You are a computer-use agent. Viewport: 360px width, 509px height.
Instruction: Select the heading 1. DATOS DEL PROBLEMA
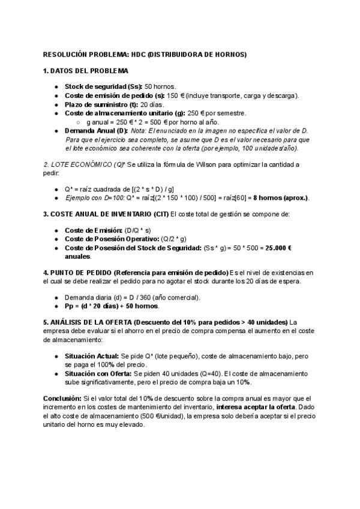click(85, 70)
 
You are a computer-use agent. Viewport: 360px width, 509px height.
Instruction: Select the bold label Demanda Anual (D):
click(96, 130)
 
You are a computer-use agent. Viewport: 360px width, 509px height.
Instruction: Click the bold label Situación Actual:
click(92, 355)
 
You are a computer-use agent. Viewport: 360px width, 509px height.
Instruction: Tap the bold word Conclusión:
click(65, 398)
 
